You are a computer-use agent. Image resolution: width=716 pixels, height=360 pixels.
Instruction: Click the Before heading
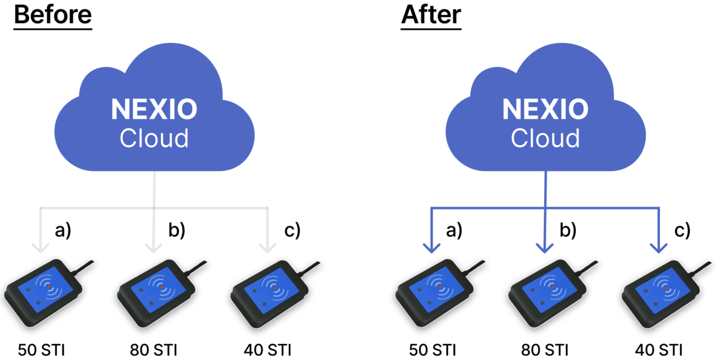pyautogui.click(x=53, y=14)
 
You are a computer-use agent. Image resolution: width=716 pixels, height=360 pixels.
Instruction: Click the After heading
pyautogui.click(x=431, y=14)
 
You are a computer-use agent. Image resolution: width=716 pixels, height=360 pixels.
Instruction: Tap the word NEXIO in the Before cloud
pyautogui.click(x=155, y=111)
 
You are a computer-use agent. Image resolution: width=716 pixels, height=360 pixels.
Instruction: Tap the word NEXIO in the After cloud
pyautogui.click(x=545, y=111)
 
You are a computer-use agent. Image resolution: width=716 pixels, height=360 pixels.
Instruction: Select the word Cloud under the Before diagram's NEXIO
pyautogui.click(x=155, y=139)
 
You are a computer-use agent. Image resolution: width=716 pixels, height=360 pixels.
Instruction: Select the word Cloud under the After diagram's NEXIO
pyautogui.click(x=545, y=139)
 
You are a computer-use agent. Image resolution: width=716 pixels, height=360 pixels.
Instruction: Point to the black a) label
pyautogui.click(x=63, y=231)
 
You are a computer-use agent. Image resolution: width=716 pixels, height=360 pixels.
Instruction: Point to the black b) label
pyautogui.click(x=176, y=231)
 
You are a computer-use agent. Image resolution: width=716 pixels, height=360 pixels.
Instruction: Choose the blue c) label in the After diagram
pyautogui.click(x=681, y=231)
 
